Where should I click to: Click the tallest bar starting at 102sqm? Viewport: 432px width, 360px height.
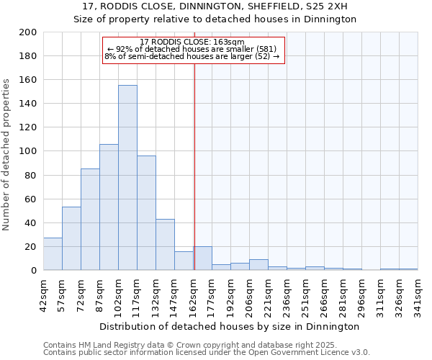[127, 178]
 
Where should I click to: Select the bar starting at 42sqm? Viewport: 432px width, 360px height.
[53, 254]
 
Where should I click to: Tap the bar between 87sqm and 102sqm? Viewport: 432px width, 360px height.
[109, 207]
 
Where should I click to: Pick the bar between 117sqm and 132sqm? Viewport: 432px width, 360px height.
[146, 213]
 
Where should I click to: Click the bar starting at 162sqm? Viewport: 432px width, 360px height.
[202, 258]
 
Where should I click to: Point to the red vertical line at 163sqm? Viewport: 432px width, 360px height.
[194, 166]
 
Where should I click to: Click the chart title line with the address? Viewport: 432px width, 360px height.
[216, 6]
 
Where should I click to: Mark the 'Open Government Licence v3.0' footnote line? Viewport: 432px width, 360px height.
[207, 352]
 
